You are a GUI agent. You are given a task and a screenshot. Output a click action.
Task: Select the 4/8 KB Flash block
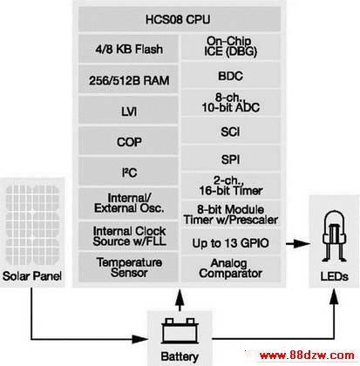(128, 49)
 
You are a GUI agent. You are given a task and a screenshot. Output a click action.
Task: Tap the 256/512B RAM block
(128, 80)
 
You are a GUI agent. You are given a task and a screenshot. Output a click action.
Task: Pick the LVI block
(128, 111)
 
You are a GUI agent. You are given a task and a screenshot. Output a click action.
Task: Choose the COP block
(128, 141)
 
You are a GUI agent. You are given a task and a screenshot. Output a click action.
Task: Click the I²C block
(128, 172)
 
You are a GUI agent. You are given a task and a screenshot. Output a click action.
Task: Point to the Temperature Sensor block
(128, 267)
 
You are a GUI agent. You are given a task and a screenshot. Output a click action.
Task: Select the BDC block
(231, 75)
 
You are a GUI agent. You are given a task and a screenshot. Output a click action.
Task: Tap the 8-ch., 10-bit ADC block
(231, 103)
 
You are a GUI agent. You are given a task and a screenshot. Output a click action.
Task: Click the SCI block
(231, 132)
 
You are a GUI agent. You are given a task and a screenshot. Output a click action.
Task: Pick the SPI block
(231, 159)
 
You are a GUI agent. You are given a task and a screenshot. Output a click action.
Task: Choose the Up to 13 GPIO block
(231, 243)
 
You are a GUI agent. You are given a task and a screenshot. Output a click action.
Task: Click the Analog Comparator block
(231, 268)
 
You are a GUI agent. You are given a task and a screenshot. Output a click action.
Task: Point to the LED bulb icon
(335, 236)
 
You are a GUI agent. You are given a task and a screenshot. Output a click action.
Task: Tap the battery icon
(180, 330)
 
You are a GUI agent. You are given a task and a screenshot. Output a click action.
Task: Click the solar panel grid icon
(32, 225)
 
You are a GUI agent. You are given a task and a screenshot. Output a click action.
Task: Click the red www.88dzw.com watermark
(307, 355)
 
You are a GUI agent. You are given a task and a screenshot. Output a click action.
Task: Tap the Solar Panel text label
(32, 275)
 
